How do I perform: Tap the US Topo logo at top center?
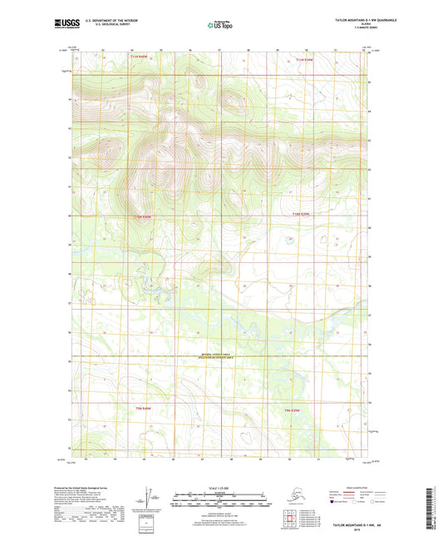coord(219,26)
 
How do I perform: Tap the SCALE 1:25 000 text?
coord(219,486)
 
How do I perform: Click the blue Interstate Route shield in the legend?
coord(334,502)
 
